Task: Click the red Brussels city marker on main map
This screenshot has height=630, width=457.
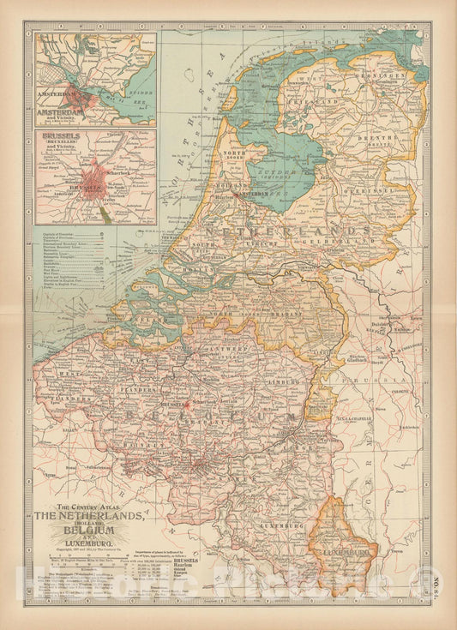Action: [183, 403]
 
